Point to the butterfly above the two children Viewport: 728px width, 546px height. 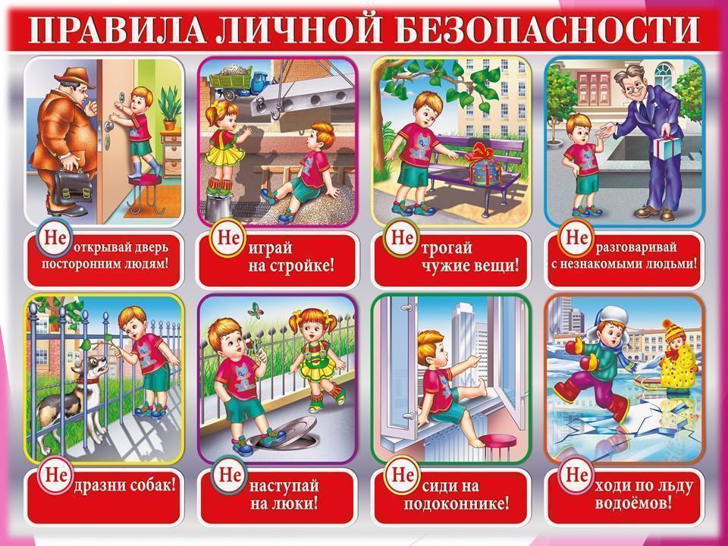[x=256, y=310]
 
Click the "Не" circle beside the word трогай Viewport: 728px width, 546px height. [x=401, y=237]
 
